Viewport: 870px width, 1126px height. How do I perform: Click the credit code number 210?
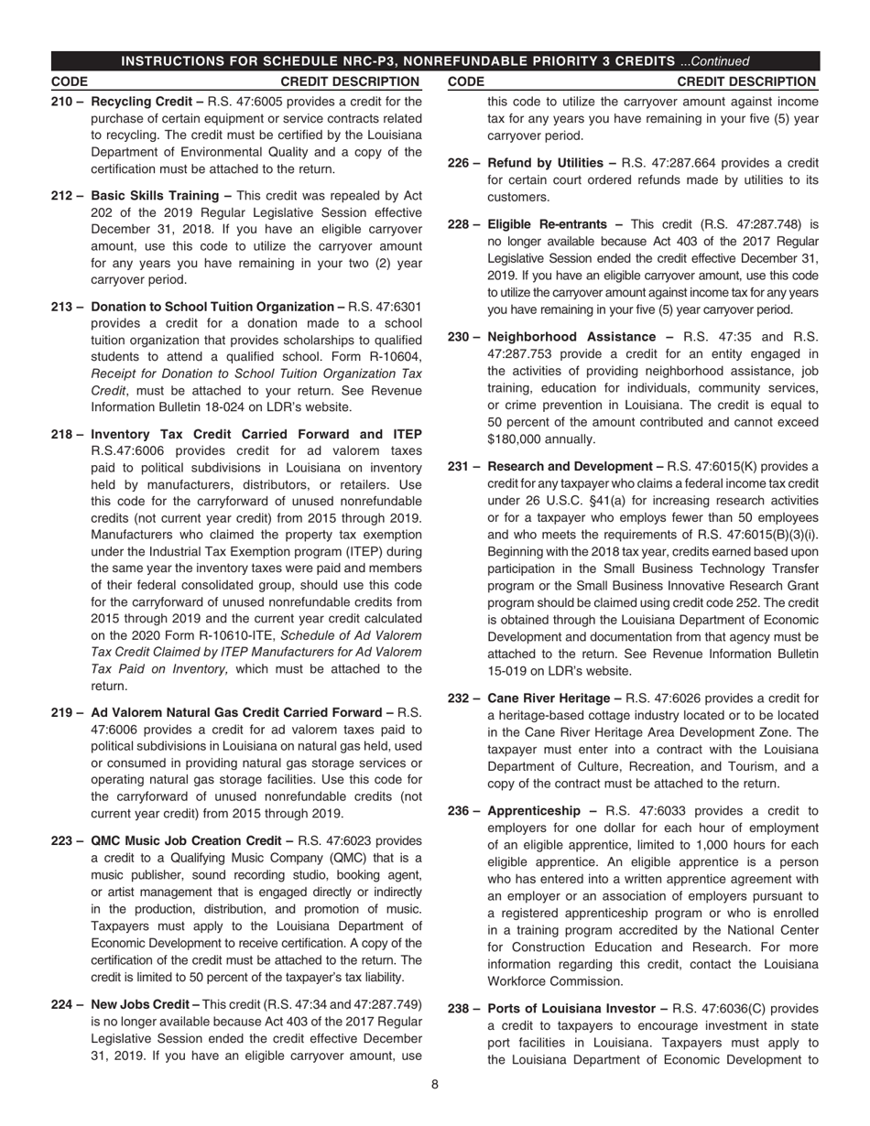pos(61,102)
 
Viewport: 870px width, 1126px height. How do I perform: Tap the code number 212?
pos(61,196)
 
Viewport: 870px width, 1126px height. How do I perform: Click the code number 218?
pos(61,433)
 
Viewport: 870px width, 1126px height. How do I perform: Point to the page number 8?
pos(435,1085)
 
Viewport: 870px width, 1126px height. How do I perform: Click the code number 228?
pos(459,224)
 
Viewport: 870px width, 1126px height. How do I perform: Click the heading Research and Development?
pos(572,466)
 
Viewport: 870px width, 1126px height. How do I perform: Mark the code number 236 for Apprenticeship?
pos(459,811)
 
